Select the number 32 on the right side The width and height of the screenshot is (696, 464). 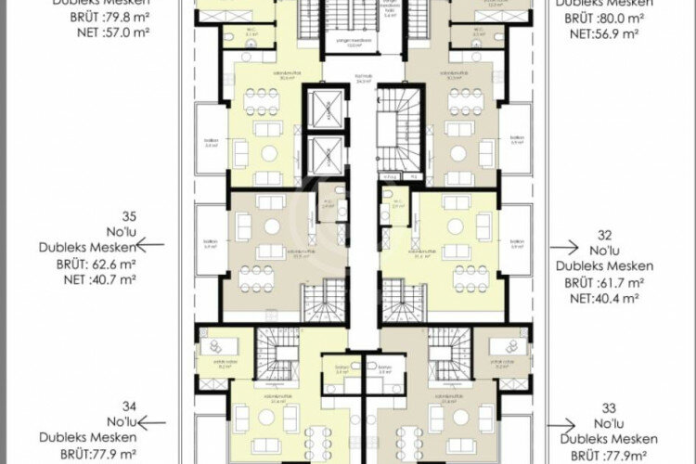coord(608,232)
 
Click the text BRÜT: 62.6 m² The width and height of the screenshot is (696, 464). coord(88,263)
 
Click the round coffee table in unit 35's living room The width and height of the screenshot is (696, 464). coord(273,226)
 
